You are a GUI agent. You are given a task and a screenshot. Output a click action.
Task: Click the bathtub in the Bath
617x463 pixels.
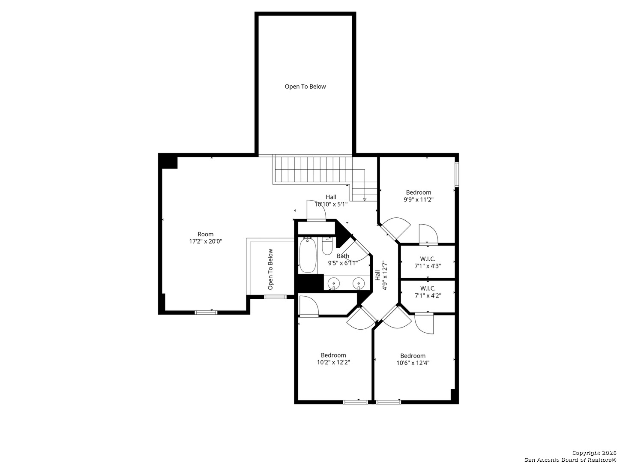pyautogui.click(x=307, y=255)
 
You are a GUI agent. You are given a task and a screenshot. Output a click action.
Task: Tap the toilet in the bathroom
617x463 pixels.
pyautogui.click(x=327, y=246)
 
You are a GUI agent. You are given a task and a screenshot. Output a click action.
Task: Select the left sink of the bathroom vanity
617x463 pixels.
pyautogui.click(x=333, y=283)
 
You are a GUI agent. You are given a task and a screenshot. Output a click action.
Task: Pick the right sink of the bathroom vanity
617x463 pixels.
pyautogui.click(x=358, y=283)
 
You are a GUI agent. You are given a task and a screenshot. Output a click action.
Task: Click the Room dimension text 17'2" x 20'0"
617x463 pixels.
pyautogui.click(x=206, y=241)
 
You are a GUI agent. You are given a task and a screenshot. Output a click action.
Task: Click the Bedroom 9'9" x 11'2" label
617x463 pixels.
pyautogui.click(x=418, y=196)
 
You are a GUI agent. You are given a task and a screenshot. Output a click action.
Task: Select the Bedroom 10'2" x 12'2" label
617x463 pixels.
pyautogui.click(x=333, y=359)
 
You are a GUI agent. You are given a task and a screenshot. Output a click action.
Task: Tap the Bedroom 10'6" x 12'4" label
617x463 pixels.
pyautogui.click(x=413, y=359)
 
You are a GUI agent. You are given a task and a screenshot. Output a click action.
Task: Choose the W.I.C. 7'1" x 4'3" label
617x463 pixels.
pyautogui.click(x=428, y=262)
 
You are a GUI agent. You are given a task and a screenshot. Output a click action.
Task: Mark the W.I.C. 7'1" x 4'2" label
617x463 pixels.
pyautogui.click(x=428, y=292)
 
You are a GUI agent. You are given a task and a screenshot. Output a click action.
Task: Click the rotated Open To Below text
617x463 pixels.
pyautogui.click(x=270, y=269)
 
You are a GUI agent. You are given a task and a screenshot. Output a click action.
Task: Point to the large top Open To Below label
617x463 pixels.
pyautogui.click(x=305, y=87)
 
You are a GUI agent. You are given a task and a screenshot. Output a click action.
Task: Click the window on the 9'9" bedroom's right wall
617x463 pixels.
pyautogui.click(x=457, y=174)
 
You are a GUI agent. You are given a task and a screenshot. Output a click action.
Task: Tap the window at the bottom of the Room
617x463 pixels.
pyautogui.click(x=206, y=313)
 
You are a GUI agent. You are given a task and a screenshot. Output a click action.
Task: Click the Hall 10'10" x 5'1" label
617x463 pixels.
pyautogui.click(x=331, y=201)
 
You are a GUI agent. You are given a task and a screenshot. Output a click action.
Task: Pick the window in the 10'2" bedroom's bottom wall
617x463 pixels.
pyautogui.click(x=355, y=402)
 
